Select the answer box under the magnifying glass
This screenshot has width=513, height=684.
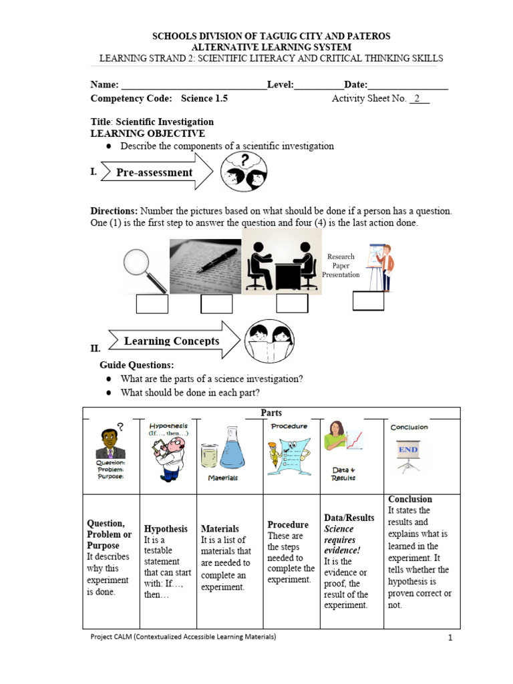(152, 303)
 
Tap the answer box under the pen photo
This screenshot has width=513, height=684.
(216, 303)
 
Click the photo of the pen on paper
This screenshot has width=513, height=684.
(205, 266)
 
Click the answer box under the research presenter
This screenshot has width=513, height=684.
(368, 301)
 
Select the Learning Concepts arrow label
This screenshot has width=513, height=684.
(172, 341)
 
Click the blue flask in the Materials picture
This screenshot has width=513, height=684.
(232, 450)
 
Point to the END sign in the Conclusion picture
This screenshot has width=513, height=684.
(408, 450)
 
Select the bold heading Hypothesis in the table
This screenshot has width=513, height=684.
(166, 528)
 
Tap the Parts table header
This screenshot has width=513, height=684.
(271, 413)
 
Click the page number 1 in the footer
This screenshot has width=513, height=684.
(451, 639)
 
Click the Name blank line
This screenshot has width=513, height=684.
(194, 86)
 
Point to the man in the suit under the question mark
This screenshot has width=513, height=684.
(110, 444)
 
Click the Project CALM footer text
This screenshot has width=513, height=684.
(183, 637)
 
